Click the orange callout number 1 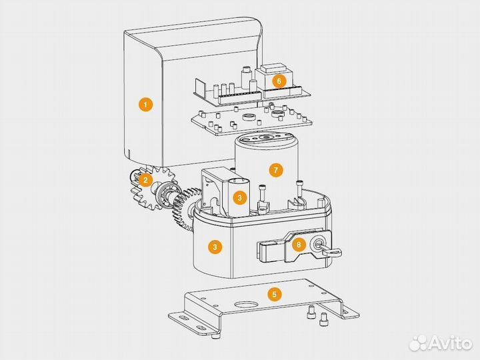pyautogui.click(x=145, y=105)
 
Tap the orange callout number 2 pyautogui.click(x=145, y=180)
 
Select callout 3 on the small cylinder pyautogui.click(x=239, y=198)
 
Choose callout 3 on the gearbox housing pyautogui.click(x=215, y=247)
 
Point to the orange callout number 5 pyautogui.click(x=274, y=294)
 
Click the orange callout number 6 pyautogui.click(x=279, y=81)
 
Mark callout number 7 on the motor pyautogui.click(x=276, y=170)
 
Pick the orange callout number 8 pyautogui.click(x=299, y=244)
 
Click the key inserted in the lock pyautogui.click(x=330, y=251)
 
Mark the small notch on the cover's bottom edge pyautogui.click(x=129, y=153)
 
